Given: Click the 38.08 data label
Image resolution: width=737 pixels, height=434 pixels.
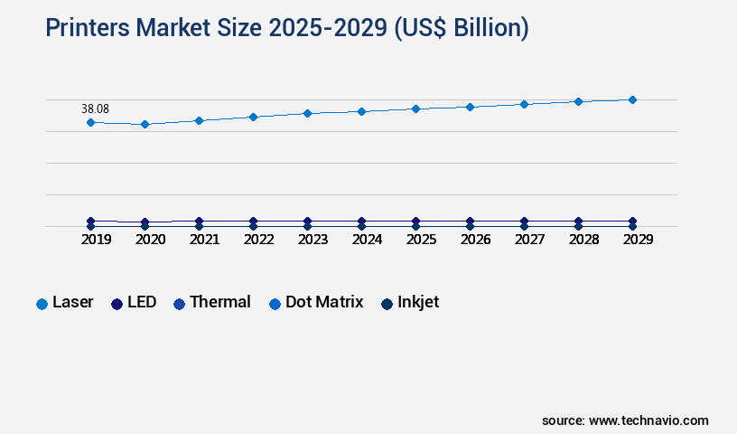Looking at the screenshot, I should pos(95,108).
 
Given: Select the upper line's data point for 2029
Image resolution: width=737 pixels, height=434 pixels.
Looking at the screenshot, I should pos(632,99).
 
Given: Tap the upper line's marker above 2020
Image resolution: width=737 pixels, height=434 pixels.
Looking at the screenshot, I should pos(145,124).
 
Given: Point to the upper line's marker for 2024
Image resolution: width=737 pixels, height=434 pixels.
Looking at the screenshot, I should pos(361,111).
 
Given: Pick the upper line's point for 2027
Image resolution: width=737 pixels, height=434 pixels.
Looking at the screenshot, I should pos(524,104).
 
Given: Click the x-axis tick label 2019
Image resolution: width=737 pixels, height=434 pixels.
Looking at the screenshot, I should pos(96,240).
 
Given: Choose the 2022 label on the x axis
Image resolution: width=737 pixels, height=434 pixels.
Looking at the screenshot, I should pos(258,240).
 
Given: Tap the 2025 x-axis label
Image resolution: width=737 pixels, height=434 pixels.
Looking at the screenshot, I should pos(421,240).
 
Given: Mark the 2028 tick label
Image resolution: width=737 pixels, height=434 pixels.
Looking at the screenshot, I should pos(583,240).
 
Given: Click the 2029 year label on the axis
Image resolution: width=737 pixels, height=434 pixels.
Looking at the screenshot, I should pos(637,240).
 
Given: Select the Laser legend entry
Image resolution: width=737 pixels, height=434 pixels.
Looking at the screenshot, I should pos(65,303).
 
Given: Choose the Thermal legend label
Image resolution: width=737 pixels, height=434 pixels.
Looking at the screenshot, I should pos(211,303).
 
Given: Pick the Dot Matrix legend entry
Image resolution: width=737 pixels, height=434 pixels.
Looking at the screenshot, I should pos(316,303).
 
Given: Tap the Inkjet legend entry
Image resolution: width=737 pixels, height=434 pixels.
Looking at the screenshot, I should pos(410,303).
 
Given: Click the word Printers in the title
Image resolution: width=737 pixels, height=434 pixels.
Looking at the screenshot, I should pos(89,28).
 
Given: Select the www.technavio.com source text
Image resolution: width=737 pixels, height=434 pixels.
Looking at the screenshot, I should pos(648,420).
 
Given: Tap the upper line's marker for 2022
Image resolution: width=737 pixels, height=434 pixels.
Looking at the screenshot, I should pos(253,117).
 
